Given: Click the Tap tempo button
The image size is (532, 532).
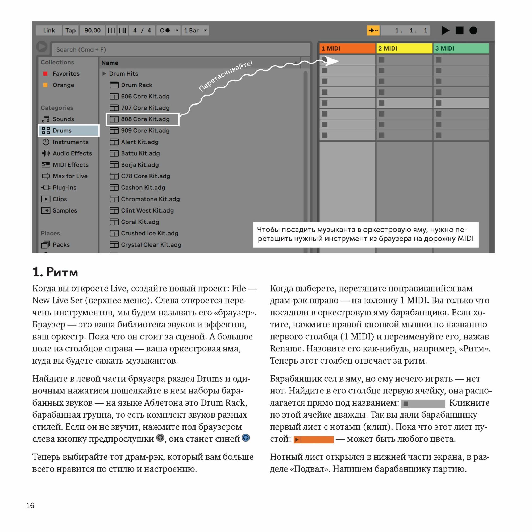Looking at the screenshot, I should tap(70, 30).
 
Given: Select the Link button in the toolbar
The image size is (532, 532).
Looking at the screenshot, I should tap(49, 30).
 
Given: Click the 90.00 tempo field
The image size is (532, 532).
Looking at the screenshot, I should tap(92, 30).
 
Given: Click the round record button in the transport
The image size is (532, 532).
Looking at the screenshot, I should tap(473, 30).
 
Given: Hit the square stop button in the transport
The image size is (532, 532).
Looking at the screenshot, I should tap(459, 30).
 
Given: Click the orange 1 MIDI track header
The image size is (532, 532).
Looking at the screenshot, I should tap(347, 48).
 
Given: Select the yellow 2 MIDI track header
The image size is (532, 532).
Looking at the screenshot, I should tap(404, 48).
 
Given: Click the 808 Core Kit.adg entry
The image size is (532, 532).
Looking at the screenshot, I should tap(145, 119).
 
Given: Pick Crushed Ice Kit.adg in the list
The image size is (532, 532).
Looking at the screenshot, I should tap(149, 233).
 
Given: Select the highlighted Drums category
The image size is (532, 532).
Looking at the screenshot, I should tap(69, 131).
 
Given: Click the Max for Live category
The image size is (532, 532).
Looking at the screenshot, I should tap(70, 176).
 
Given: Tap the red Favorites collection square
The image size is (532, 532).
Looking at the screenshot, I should tap(45, 73).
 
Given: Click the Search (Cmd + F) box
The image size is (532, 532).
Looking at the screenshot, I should tap(180, 49).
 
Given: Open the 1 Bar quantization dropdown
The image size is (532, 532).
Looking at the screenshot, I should tap(195, 30).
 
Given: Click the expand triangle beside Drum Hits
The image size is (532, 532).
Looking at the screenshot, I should tap(104, 73).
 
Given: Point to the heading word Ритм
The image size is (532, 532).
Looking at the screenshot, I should tap(62, 272).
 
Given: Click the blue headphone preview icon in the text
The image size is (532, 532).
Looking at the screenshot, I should tap(246, 438).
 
